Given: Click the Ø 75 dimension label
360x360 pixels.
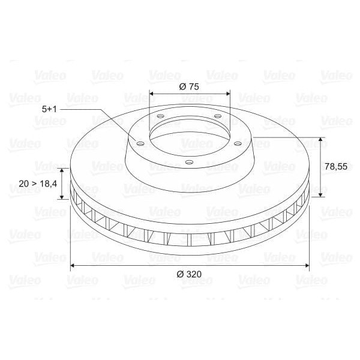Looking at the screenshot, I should pyautogui.click(x=189, y=86).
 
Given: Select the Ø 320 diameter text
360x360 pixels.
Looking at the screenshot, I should pyautogui.click(x=189, y=274).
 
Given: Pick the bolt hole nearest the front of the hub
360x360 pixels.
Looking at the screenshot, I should pyautogui.click(x=188, y=161).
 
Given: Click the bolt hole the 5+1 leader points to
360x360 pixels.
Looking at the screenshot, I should pyautogui.click(x=140, y=143).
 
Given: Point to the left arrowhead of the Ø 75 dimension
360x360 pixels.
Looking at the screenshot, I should pyautogui.click(x=151, y=94).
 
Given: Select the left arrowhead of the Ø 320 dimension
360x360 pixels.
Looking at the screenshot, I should pyautogui.click(x=73, y=264).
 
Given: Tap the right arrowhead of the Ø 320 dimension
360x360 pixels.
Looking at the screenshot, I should pyautogui.click(x=307, y=264).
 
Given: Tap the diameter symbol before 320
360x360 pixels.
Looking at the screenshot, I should pyautogui.click(x=179, y=274).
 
